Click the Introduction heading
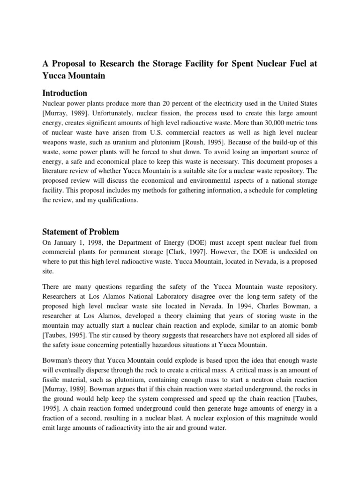coord(65,93)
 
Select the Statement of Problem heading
coord(81,232)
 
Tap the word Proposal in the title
coord(67,63)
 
